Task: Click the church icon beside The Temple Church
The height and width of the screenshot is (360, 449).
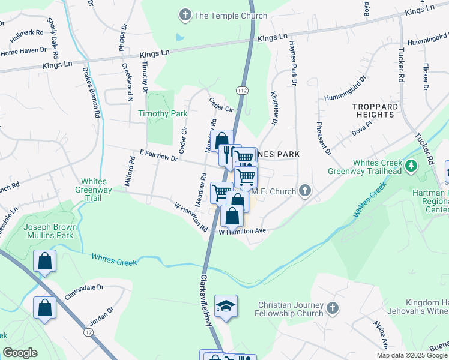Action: click(185, 14)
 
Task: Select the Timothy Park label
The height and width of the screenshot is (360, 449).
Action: click(154, 113)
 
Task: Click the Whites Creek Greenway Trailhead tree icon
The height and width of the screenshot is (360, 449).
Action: click(411, 166)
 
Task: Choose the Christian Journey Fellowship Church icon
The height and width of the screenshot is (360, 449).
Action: click(332, 309)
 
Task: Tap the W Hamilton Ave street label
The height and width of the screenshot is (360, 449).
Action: click(242, 231)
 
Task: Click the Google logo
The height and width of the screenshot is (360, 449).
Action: click(20, 353)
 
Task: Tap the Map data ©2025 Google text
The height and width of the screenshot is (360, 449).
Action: click(411, 355)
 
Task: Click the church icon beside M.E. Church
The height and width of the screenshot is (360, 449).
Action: click(305, 191)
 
